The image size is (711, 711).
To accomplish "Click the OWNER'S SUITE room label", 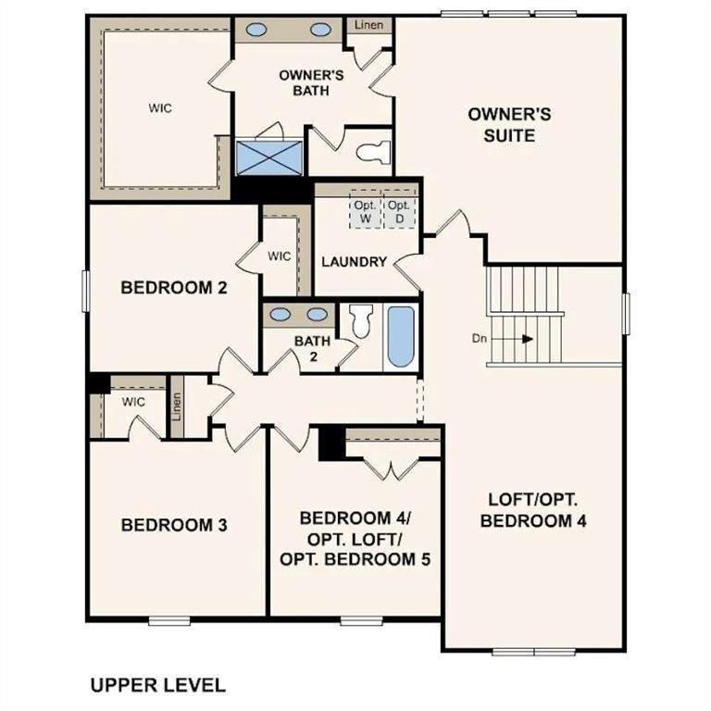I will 508,125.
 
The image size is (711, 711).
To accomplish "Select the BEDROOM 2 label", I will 174,288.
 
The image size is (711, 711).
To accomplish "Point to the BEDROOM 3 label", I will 174,525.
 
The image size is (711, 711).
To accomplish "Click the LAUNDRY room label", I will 354,262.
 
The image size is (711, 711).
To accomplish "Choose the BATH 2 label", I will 312,348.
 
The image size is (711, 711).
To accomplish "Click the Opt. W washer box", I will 364,212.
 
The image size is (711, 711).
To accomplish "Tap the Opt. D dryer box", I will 399,212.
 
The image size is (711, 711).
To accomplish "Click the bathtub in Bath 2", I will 399,336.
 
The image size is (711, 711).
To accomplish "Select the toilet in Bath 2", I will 361,320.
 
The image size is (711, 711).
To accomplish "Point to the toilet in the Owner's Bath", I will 375,151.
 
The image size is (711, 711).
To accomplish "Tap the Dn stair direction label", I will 480,339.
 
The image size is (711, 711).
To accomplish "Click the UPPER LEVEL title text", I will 157,685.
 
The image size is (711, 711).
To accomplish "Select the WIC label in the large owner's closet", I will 160,107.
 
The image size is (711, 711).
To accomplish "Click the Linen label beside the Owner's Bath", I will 369,25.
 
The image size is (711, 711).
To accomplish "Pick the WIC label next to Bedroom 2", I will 279,256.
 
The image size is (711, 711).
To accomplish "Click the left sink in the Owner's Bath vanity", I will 256,30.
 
